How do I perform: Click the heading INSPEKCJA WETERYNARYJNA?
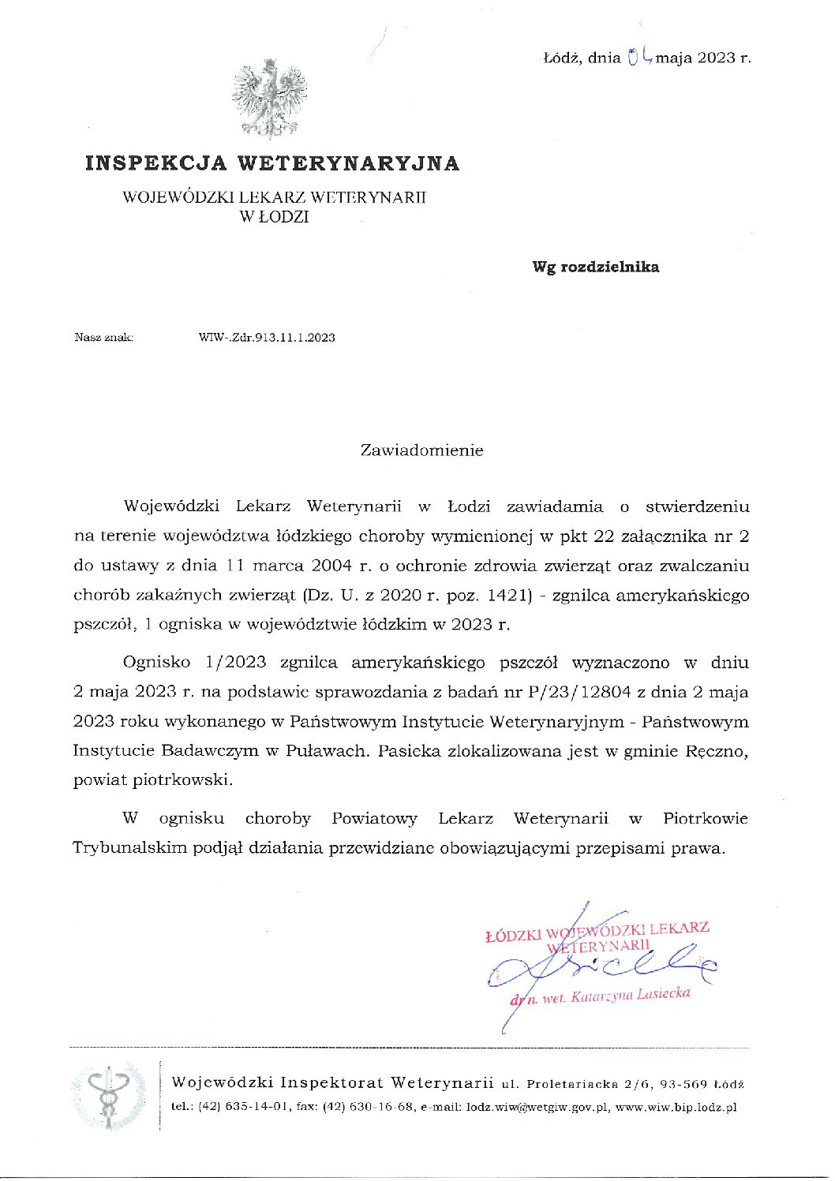click(272, 163)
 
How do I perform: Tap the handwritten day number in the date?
click(639, 56)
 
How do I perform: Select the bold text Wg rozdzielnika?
click(595, 267)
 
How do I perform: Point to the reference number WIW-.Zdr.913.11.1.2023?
click(267, 338)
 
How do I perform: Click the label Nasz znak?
click(104, 338)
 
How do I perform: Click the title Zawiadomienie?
click(421, 450)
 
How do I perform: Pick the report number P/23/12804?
click(580, 693)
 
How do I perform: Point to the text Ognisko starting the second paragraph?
click(156, 663)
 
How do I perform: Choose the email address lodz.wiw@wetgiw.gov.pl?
click(537, 1107)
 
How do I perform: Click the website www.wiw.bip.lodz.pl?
click(676, 1107)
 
